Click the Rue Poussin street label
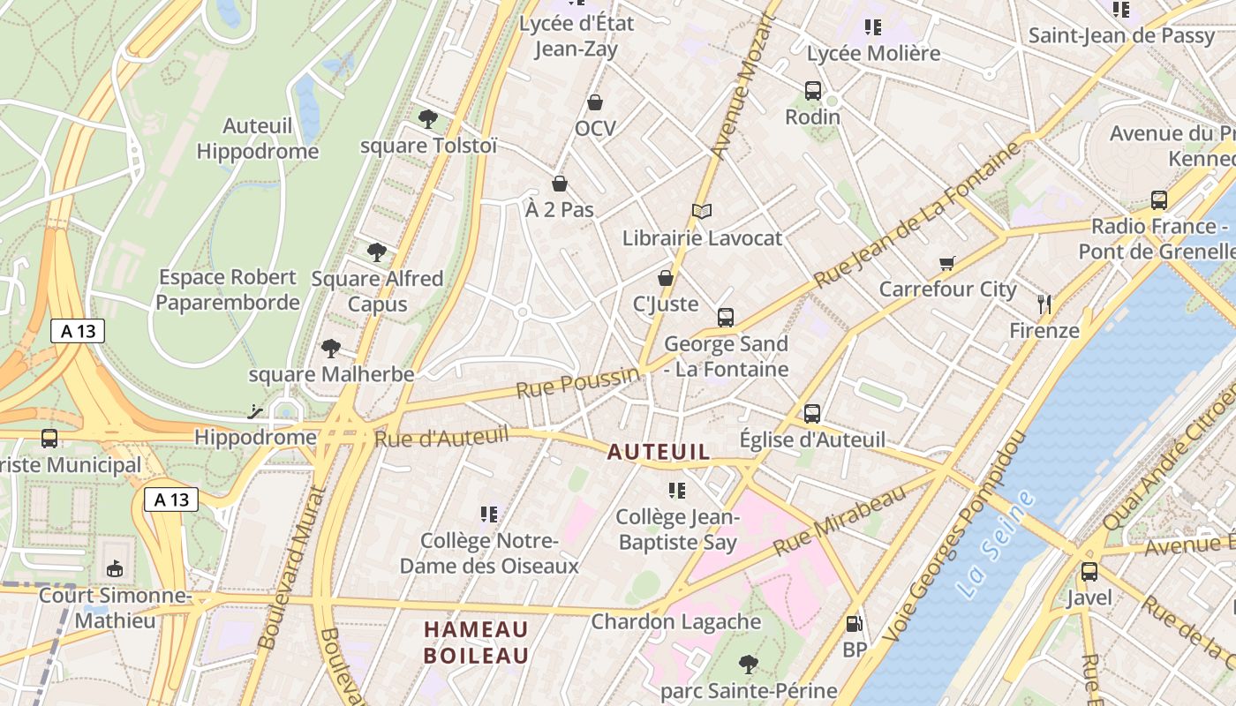pyautogui.click(x=577, y=383)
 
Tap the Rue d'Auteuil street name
pyautogui.click(x=441, y=435)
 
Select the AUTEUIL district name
pyautogui.click(x=658, y=452)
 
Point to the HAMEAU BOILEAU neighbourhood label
pyautogui.click(x=476, y=642)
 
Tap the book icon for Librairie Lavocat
pyautogui.click(x=702, y=211)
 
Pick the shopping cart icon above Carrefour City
pyautogui.click(x=947, y=262)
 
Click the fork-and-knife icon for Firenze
pyautogui.click(x=1044, y=304)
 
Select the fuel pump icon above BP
pyautogui.click(x=854, y=624)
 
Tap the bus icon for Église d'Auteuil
pyautogui.click(x=812, y=413)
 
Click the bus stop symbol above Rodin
pyautogui.click(x=813, y=90)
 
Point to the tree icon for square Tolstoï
pyautogui.click(x=428, y=118)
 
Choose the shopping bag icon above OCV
pyautogui.click(x=595, y=102)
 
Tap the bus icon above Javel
pyautogui.click(x=1089, y=571)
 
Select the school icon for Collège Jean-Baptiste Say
pyautogui.click(x=677, y=491)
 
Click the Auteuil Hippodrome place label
pyautogui.click(x=257, y=139)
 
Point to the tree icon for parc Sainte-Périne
pyautogui.click(x=749, y=664)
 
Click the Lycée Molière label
pyautogui.click(x=873, y=53)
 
